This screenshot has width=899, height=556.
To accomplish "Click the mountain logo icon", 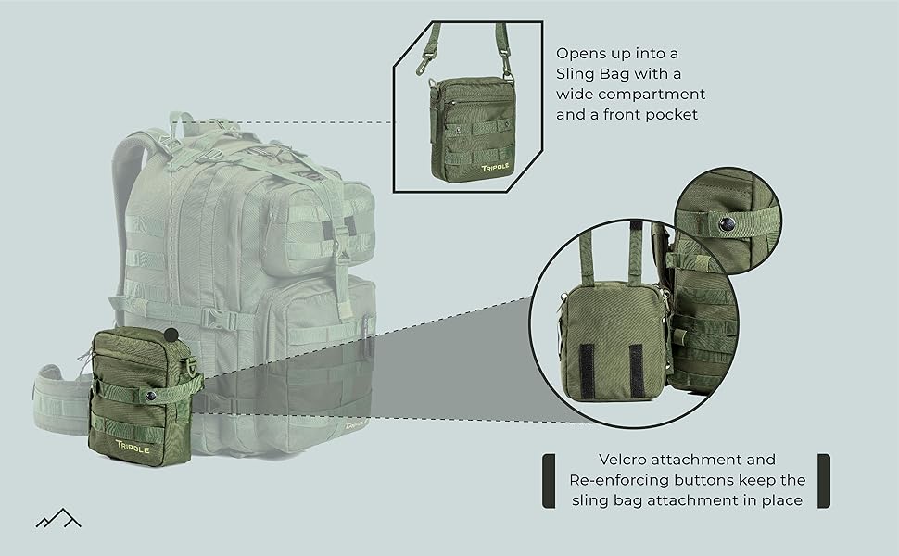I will point(58,518).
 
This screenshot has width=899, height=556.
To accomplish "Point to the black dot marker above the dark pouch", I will point(171,335).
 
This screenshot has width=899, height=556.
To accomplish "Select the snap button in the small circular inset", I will point(727,223).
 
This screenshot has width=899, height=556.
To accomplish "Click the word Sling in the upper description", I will point(576,74).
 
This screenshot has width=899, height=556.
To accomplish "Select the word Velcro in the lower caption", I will point(623,460).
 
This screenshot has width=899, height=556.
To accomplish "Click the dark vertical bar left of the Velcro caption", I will point(549,480).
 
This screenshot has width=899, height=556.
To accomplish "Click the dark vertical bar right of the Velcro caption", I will point(823,480).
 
